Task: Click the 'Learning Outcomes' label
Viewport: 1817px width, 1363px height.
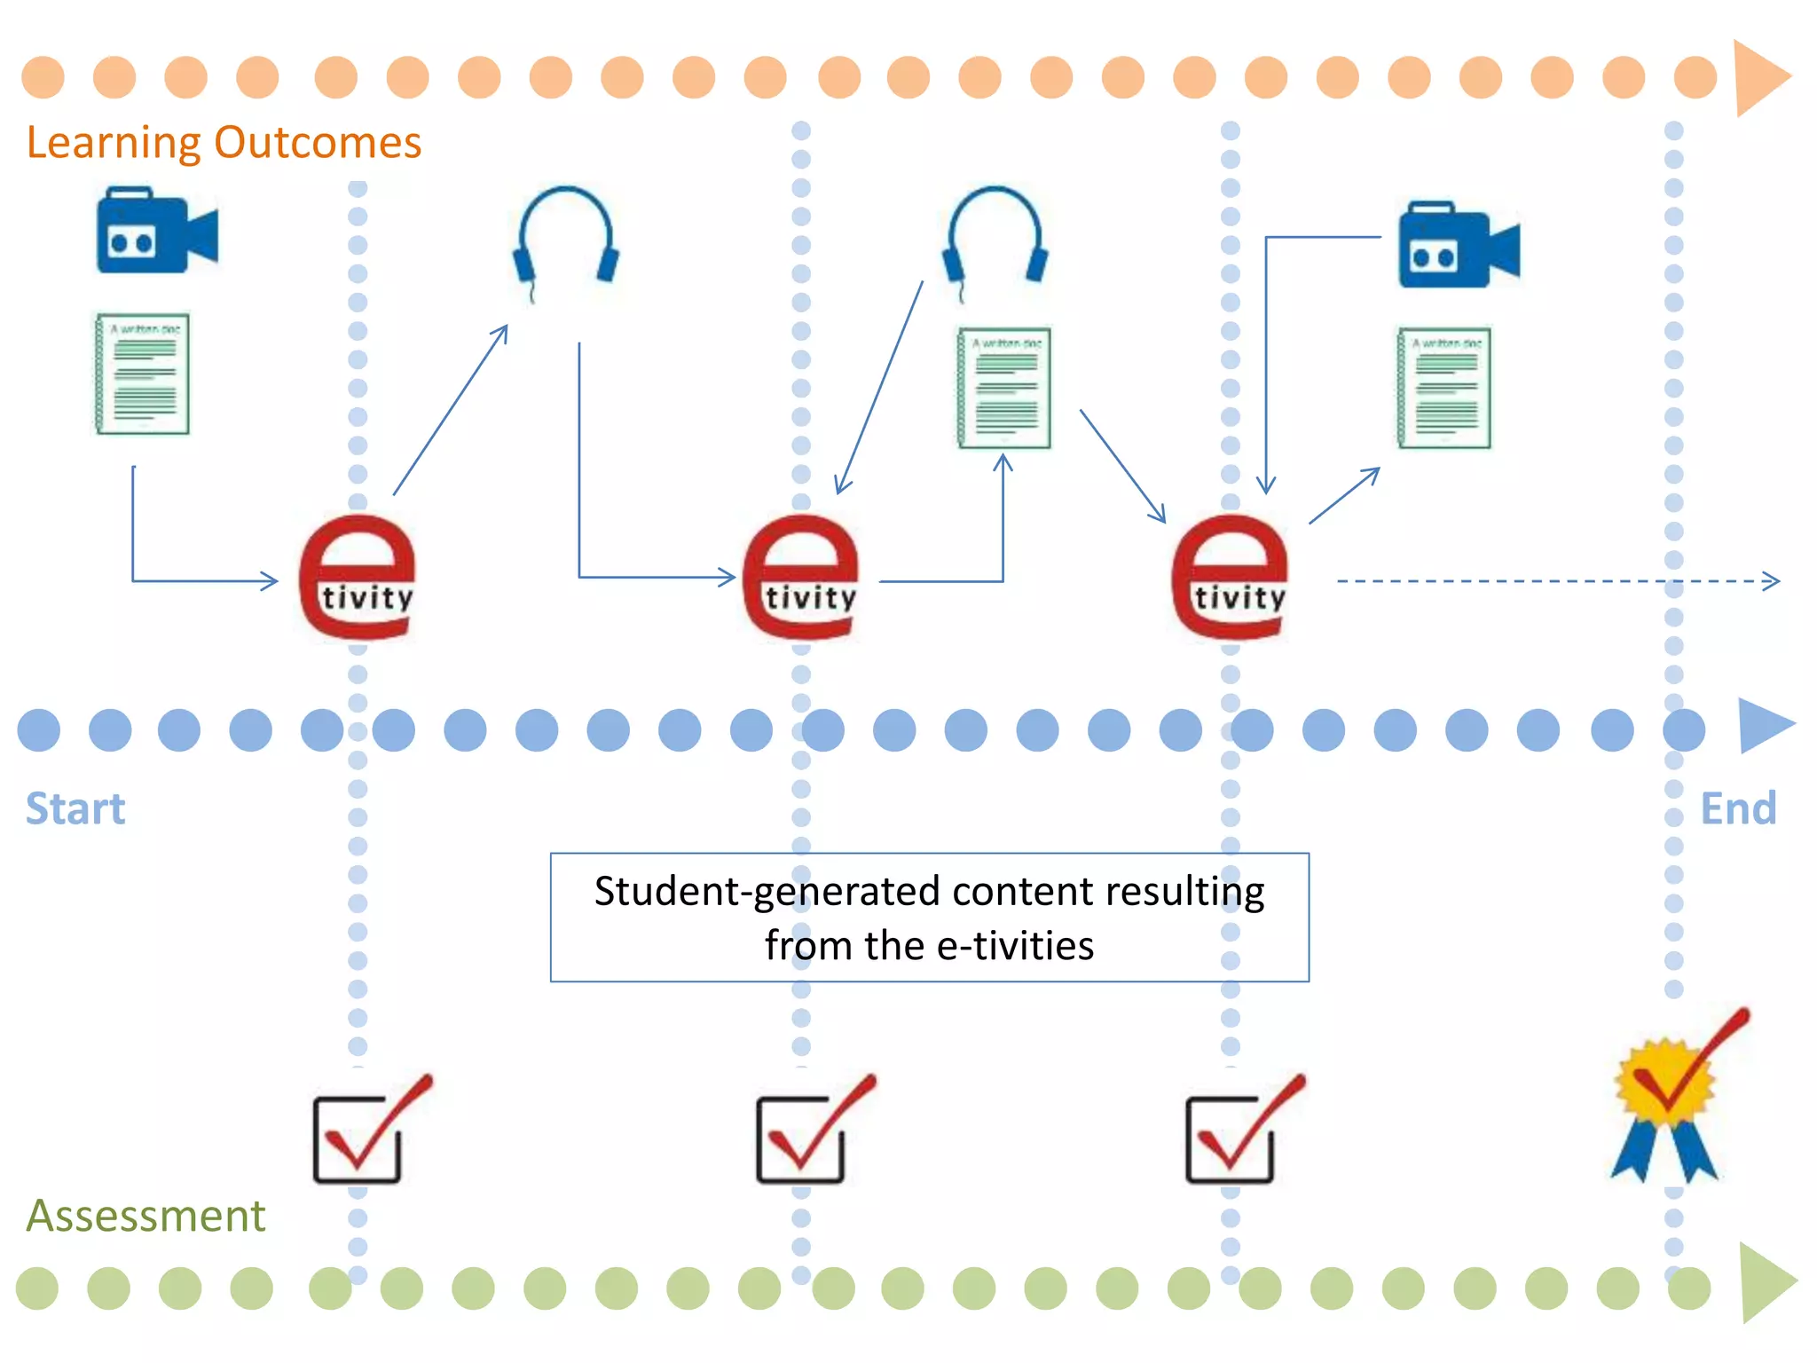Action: pyautogui.click(x=224, y=142)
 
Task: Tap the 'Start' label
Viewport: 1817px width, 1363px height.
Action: pyautogui.click(x=75, y=808)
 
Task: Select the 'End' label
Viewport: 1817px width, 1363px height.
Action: pyautogui.click(x=1737, y=808)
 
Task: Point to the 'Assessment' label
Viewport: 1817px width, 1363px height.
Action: pyautogui.click(x=146, y=1215)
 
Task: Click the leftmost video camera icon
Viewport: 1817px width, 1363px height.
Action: pyautogui.click(x=156, y=230)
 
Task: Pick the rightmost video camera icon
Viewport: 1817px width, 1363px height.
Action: pyautogui.click(x=1458, y=246)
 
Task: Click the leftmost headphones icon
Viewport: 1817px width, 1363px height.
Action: pyautogui.click(x=566, y=238)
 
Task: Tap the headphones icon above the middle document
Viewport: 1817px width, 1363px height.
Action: pyautogui.click(x=995, y=238)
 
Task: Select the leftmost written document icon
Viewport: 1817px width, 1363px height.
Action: pyautogui.click(x=143, y=374)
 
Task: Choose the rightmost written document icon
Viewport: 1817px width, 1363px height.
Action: pyautogui.click(x=1444, y=388)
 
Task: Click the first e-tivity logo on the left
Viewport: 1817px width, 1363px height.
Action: pyautogui.click(x=358, y=577)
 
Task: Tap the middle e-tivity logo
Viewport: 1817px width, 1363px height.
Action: pyautogui.click(x=800, y=577)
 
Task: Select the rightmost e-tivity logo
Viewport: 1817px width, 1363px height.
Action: pyautogui.click(x=1230, y=577)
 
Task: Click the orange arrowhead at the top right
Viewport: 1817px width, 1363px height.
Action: pyautogui.click(x=1760, y=78)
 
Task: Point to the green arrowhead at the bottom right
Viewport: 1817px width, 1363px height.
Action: pyautogui.click(x=1766, y=1283)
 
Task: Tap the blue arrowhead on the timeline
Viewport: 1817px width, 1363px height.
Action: pyautogui.click(x=1763, y=726)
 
